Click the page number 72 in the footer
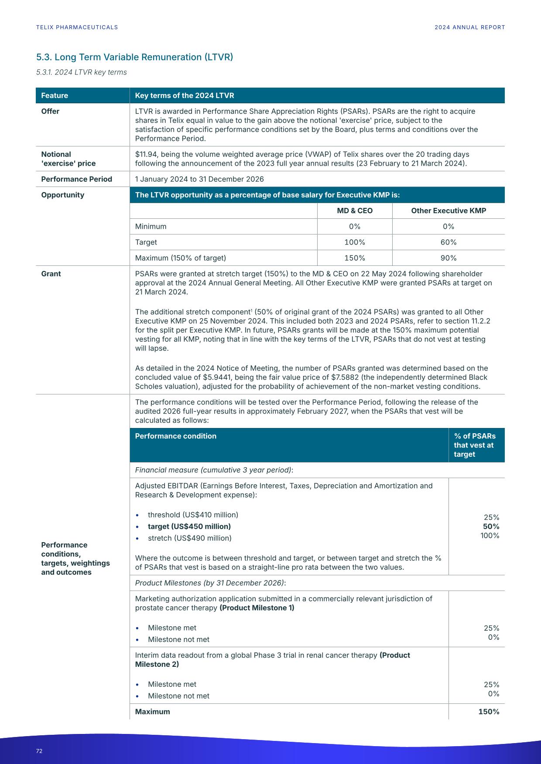coord(39,751)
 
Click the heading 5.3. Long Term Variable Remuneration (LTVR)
coord(134,57)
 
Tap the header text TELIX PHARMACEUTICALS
coord(77,27)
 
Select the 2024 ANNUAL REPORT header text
coord(469,27)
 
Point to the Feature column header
coord(55,95)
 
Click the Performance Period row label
coord(76,179)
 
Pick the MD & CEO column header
coord(355,211)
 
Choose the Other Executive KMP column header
coord(448,211)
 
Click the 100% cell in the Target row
coord(355,242)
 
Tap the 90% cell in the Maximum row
coord(448,258)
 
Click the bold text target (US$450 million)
coord(189,526)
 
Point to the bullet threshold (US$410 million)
coord(193,515)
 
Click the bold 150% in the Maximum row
coord(489,712)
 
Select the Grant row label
coord(51,274)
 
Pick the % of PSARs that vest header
coord(475,445)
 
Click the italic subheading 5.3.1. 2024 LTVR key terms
coord(82,72)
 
